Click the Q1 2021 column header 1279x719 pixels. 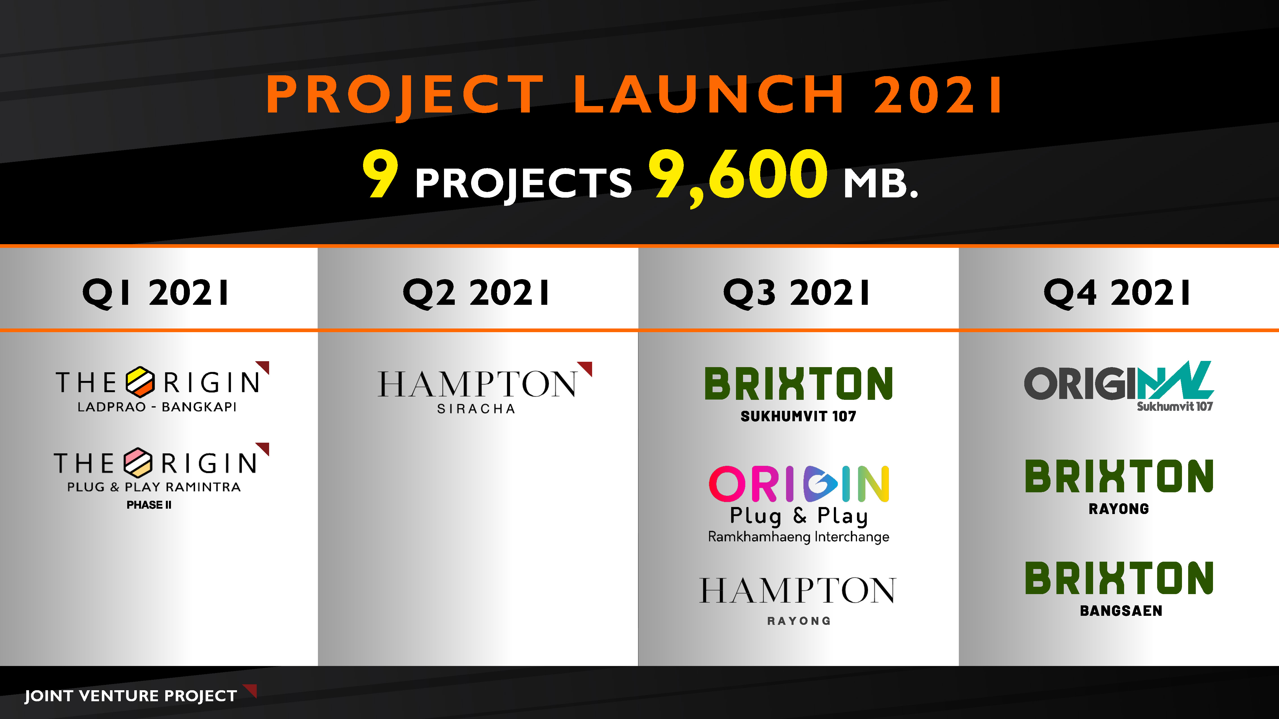tap(155, 293)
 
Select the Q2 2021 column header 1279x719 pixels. tap(476, 293)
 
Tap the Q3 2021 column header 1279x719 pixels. tap(796, 293)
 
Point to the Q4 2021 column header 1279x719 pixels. tap(1117, 293)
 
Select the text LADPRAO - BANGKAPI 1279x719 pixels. tap(157, 407)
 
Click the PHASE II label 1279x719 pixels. tap(149, 505)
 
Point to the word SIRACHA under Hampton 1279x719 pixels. tap(476, 409)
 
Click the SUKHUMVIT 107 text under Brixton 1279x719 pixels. tap(798, 416)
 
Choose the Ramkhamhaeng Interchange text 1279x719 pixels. tap(798, 537)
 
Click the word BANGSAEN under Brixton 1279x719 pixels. tap(1121, 611)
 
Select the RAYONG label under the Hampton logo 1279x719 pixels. tap(798, 621)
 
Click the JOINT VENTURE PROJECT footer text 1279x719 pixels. tap(131, 696)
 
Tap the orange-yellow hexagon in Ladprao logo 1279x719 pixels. tap(140, 382)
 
